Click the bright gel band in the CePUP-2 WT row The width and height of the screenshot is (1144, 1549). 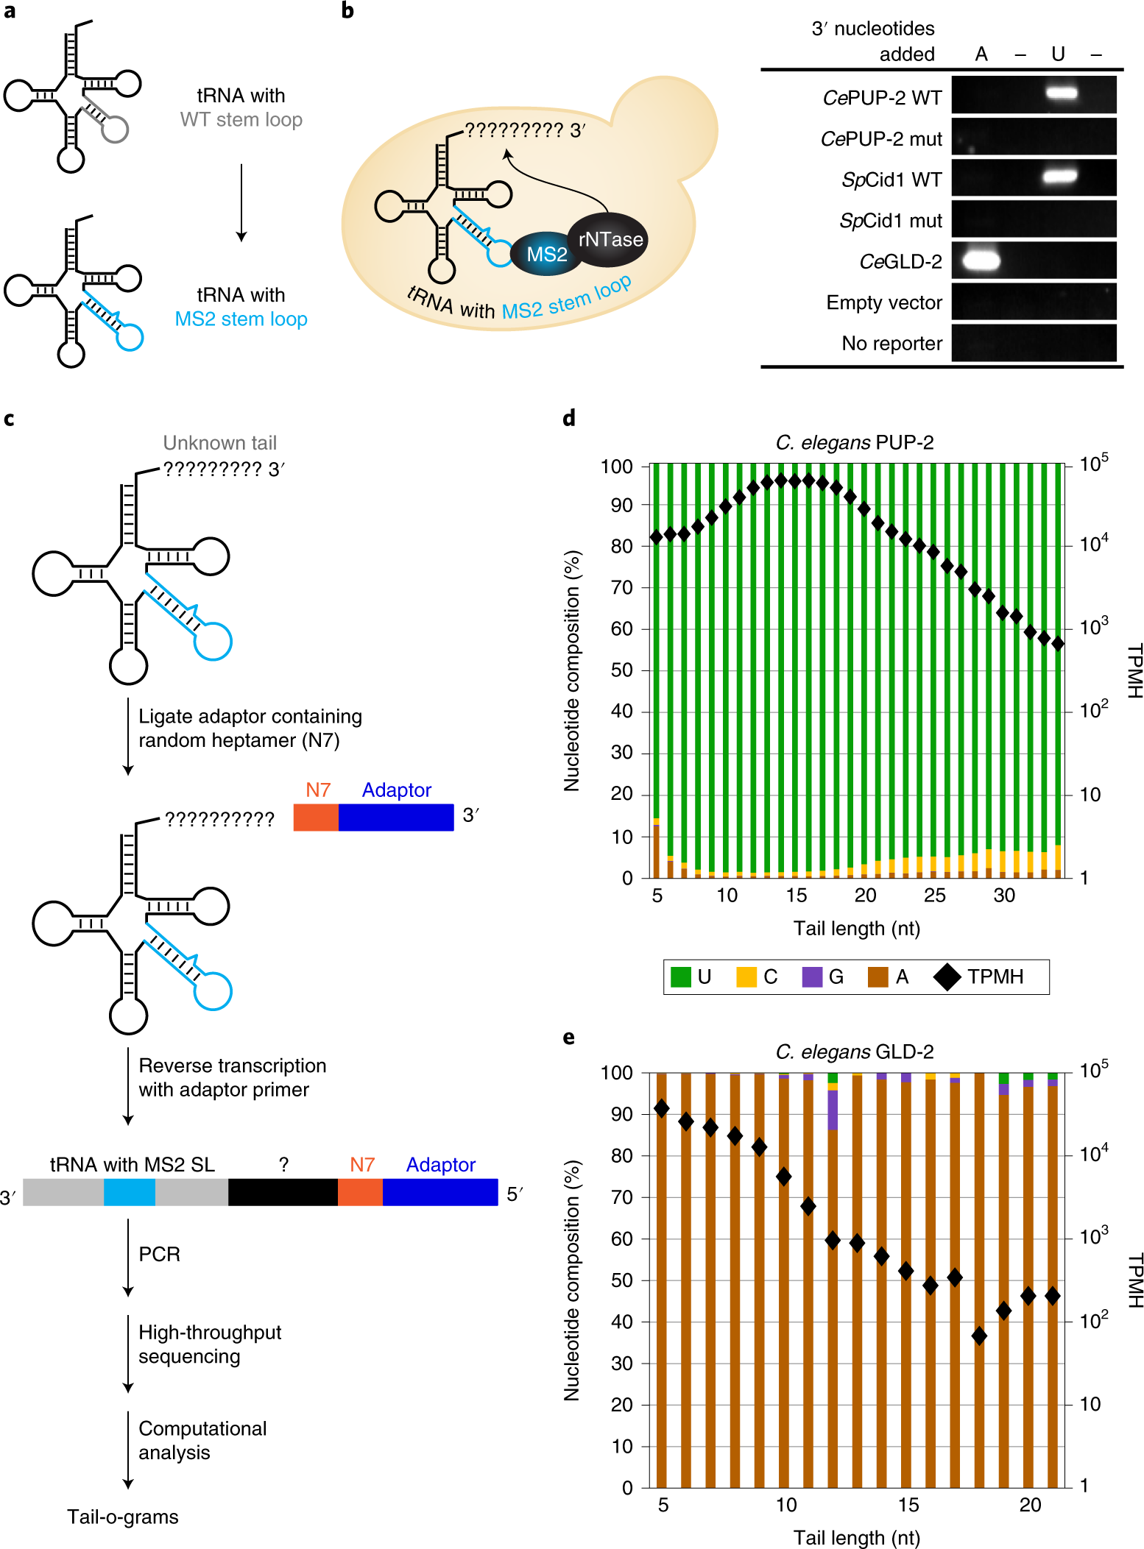[1061, 93]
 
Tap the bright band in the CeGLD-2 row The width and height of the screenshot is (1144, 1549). [981, 260]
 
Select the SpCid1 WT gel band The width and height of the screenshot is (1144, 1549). [1060, 177]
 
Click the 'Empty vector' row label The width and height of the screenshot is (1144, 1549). [883, 302]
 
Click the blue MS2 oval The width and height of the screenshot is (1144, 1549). [545, 255]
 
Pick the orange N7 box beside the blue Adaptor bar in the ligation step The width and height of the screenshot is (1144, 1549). [316, 818]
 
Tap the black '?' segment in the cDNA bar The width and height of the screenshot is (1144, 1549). [283, 1192]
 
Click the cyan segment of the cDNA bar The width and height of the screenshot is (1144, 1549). [130, 1192]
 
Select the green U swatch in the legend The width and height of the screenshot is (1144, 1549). [681, 976]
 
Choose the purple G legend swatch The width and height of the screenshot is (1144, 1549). [812, 976]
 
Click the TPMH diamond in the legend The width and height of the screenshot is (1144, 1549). [947, 976]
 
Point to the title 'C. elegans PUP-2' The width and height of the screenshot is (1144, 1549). [855, 442]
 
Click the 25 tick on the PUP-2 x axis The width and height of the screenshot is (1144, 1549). [934, 895]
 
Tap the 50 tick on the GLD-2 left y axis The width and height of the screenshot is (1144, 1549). [622, 1280]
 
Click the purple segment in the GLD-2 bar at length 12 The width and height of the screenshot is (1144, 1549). [833, 1110]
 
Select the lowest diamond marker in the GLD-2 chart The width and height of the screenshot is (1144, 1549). [979, 1336]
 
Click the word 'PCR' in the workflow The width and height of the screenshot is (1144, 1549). [160, 1254]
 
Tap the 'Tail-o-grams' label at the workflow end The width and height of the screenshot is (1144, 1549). [123, 1517]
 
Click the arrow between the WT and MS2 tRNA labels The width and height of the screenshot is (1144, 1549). [241, 202]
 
